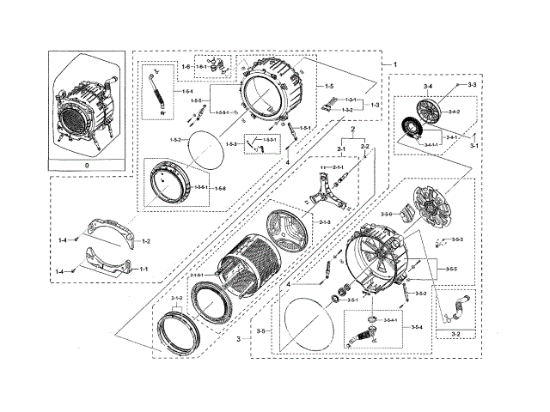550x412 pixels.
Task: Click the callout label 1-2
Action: tap(146, 242)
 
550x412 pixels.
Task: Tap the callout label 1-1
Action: tap(144, 269)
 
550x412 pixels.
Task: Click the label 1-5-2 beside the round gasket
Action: tap(175, 138)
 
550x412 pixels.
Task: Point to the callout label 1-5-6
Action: tap(221, 188)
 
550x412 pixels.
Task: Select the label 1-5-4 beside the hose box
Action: tap(187, 91)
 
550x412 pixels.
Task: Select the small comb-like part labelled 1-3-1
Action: tap(330, 107)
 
